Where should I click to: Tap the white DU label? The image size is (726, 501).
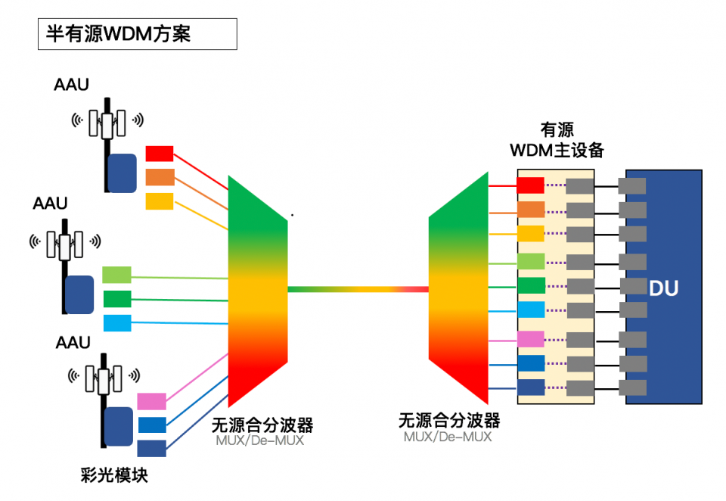[663, 288]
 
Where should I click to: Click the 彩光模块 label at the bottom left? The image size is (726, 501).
[114, 475]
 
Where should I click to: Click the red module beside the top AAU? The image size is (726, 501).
[160, 153]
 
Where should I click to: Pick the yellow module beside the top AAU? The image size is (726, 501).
[160, 201]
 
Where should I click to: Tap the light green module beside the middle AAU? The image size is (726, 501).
[116, 274]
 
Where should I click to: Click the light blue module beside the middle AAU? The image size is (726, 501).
[116, 322]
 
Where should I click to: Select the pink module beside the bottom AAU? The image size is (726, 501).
[151, 401]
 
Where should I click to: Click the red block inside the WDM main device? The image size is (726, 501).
[530, 185]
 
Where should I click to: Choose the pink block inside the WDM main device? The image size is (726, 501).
[530, 339]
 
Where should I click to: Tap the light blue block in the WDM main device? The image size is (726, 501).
[530, 310]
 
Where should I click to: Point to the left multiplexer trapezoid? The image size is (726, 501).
[257, 291]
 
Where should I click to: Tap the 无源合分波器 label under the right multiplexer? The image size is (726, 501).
[448, 420]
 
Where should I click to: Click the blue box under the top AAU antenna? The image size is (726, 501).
[122, 173]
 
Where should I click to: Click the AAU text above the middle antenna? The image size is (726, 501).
[50, 204]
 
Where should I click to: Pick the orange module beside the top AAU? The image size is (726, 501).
[160, 177]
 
